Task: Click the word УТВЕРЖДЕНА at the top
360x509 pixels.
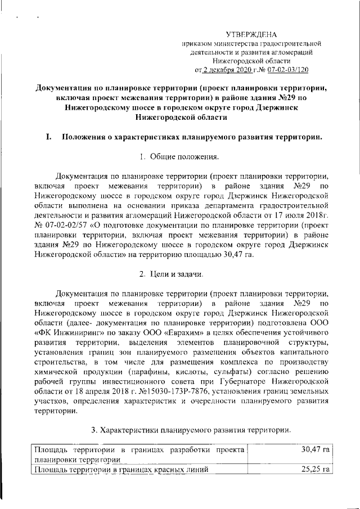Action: [x=251, y=34]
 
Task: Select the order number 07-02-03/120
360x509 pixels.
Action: [x=287, y=70]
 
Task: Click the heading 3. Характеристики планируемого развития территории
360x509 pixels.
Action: [x=191, y=430]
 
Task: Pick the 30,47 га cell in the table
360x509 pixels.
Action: [x=314, y=449]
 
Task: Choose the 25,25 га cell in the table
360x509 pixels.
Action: [x=314, y=469]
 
